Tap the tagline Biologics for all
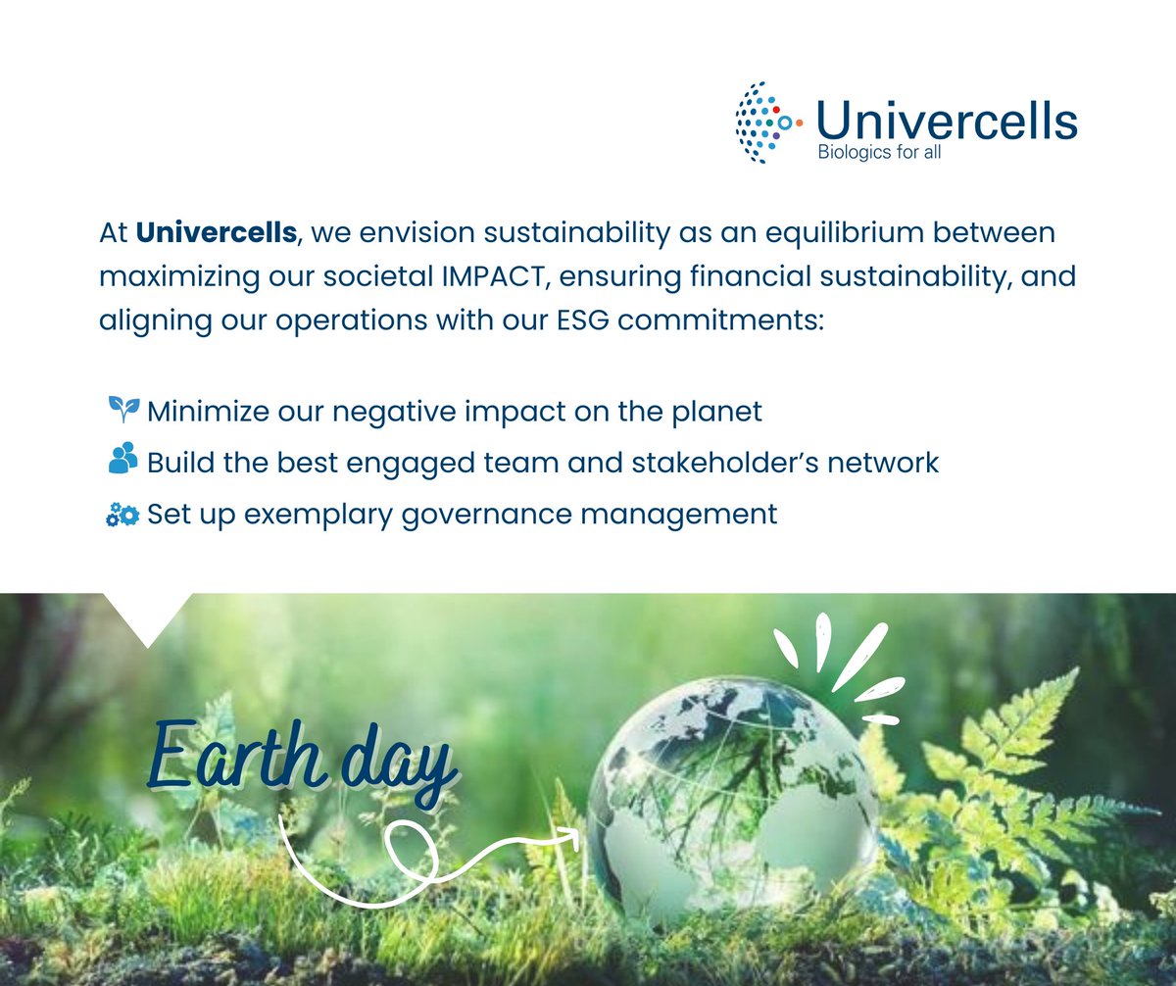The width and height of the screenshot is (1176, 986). (x=879, y=152)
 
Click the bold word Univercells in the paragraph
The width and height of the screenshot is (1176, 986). (x=216, y=233)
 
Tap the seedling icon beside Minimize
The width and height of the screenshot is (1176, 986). (x=123, y=409)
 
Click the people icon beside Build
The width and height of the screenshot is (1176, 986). (x=123, y=460)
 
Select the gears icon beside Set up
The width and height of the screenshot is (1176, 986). (x=122, y=514)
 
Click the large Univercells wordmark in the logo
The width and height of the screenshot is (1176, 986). (x=946, y=121)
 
